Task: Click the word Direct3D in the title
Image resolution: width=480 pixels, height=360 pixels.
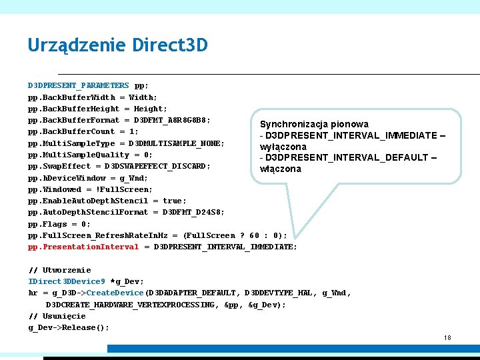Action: tap(170, 45)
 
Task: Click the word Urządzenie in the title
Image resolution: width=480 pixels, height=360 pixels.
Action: tap(77, 45)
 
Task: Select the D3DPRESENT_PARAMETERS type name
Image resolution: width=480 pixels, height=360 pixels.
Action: tap(78, 86)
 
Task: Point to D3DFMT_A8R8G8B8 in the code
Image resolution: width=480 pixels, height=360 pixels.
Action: tap(172, 120)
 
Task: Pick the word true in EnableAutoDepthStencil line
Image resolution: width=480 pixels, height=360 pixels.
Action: tap(175, 201)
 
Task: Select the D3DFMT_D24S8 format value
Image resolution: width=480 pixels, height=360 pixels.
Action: tap(193, 212)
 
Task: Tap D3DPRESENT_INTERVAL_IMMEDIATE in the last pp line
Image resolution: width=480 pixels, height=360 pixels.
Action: tap(225, 247)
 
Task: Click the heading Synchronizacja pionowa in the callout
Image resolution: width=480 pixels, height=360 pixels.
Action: tap(314, 124)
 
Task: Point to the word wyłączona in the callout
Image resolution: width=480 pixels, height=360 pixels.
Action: tap(283, 147)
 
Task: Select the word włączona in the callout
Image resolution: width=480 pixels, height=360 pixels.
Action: tap(281, 169)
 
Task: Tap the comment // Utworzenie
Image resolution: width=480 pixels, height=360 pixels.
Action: tap(59, 270)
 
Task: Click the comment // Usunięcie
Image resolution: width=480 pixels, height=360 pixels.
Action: tap(57, 316)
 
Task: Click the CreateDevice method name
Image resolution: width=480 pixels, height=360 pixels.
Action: tap(115, 293)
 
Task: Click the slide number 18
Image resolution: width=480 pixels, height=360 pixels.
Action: tap(447, 338)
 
